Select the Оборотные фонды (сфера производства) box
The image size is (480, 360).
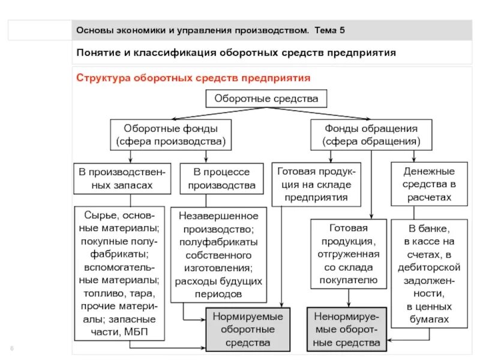(x=170, y=135)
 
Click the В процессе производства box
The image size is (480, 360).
(x=221, y=178)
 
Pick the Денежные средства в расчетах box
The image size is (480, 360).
(x=429, y=184)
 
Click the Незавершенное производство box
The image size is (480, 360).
(x=217, y=254)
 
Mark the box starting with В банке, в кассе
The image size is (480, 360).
(x=429, y=274)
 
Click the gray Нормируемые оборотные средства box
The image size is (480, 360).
(x=248, y=329)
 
